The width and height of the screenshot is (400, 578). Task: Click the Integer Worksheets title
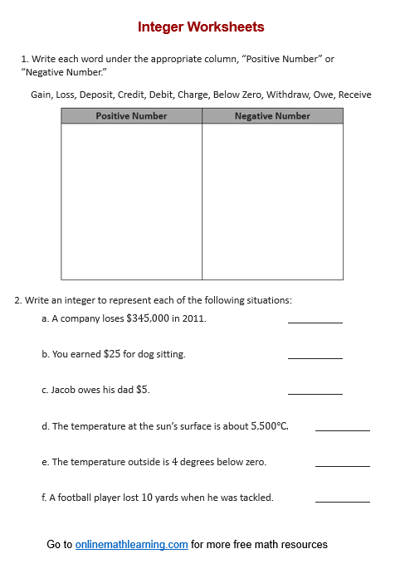pos(201,27)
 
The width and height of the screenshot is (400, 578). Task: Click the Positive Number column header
pos(131,116)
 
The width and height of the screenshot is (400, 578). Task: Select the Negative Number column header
pos(272,116)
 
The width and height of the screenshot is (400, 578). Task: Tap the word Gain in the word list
pos(41,95)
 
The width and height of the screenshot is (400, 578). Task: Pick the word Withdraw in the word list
pos(287,95)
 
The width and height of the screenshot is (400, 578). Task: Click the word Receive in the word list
pos(355,95)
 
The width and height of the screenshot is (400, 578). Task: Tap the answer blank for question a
pos(315,321)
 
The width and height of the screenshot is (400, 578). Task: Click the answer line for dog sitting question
pos(315,357)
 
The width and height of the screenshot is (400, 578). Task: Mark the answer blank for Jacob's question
pos(315,393)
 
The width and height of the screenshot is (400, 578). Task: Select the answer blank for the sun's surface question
pos(342,430)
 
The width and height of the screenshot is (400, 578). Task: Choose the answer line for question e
pos(342,465)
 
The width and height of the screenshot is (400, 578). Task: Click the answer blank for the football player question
pos(342,501)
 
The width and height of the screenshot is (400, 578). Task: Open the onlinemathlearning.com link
pos(131,545)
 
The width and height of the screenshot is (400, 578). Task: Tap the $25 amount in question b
pos(112,354)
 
